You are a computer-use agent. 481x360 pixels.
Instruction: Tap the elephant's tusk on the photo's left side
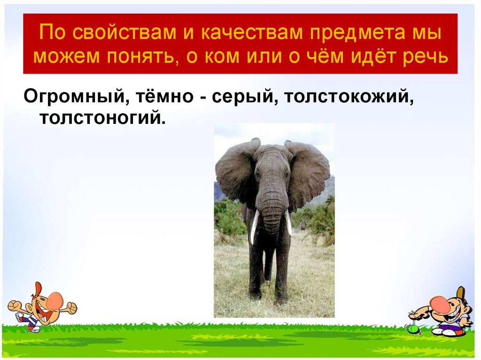coord(254,226)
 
